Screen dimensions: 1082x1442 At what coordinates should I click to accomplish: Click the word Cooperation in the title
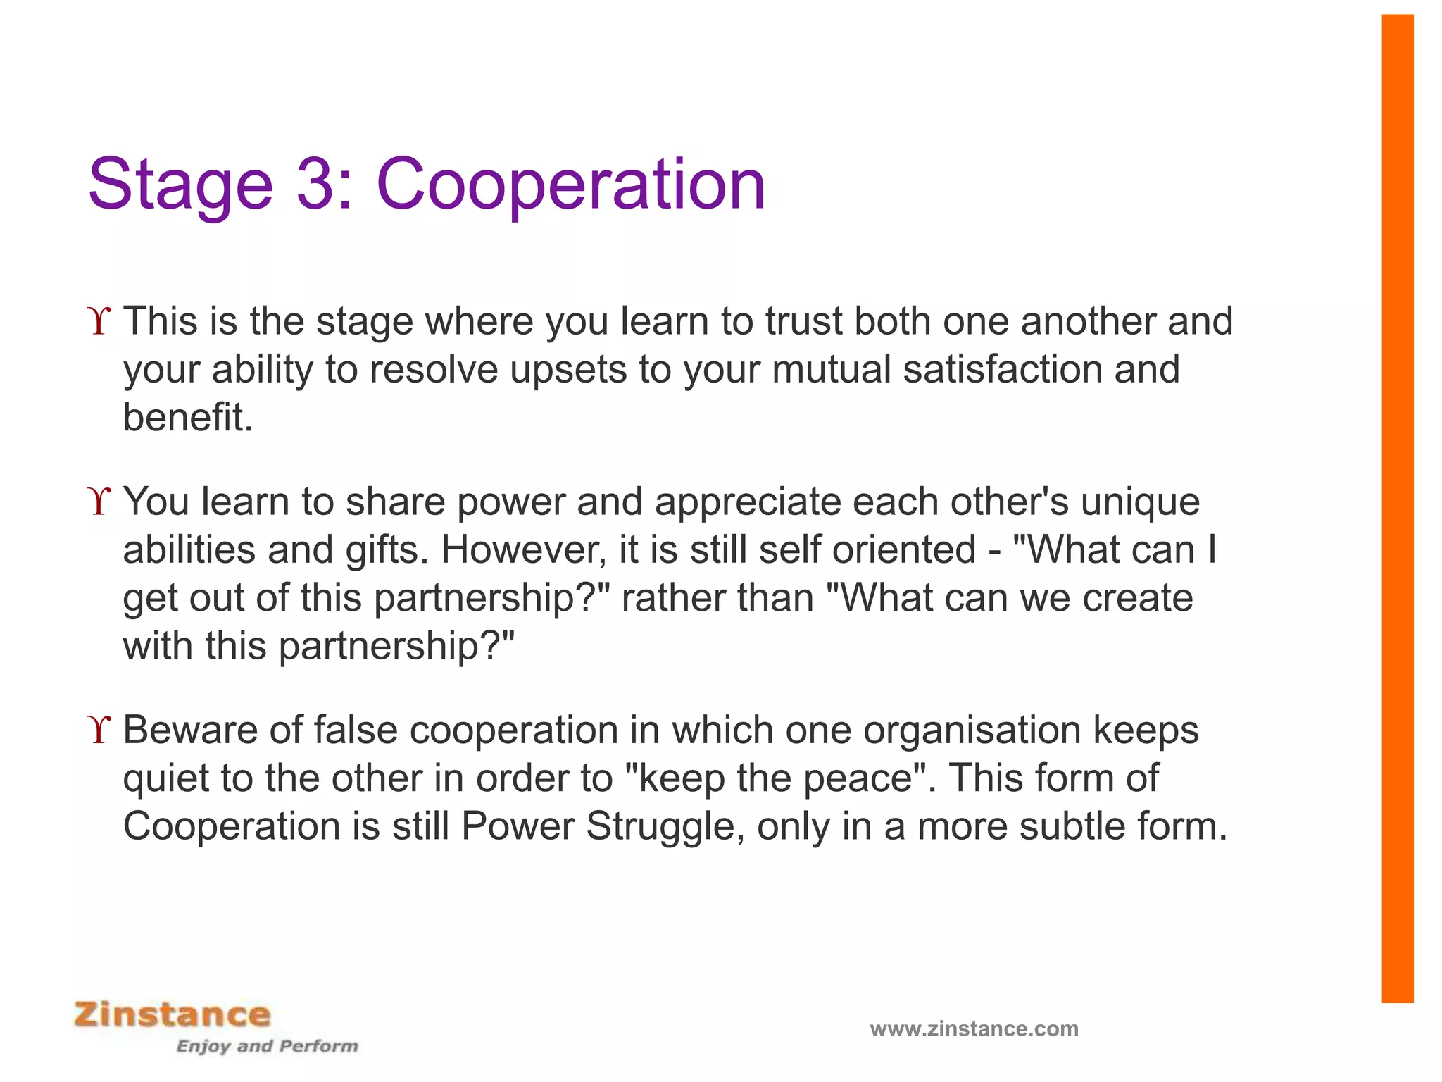pyautogui.click(x=570, y=185)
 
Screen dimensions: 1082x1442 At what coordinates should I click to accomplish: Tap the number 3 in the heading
pyautogui.click(x=321, y=185)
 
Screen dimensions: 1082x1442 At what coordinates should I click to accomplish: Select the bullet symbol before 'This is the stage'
pyautogui.click(x=101, y=322)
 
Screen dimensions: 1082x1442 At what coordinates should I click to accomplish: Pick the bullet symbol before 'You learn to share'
pyautogui.click(x=101, y=502)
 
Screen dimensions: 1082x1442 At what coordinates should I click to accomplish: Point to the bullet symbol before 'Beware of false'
pyautogui.click(x=101, y=730)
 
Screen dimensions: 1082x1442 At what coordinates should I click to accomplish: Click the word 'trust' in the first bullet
pyautogui.click(x=804, y=321)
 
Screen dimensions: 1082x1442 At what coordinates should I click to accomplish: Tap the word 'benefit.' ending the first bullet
pyautogui.click(x=187, y=417)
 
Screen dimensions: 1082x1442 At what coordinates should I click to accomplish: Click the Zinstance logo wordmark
pyautogui.click(x=173, y=1015)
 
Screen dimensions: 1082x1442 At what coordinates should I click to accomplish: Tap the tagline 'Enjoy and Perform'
pyautogui.click(x=267, y=1046)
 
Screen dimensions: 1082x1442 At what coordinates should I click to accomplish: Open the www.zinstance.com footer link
pyautogui.click(x=974, y=1029)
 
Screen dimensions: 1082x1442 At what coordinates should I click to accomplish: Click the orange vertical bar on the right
pyautogui.click(x=1397, y=507)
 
